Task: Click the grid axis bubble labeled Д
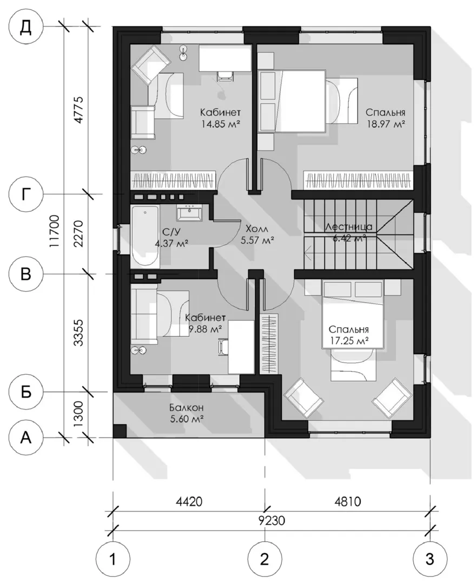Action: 26,27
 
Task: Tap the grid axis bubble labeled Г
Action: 26,193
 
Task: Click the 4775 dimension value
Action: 79,110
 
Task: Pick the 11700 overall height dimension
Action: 55,231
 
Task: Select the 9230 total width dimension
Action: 271,519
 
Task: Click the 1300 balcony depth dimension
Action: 79,414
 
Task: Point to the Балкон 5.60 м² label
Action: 187,413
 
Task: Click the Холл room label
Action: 257,229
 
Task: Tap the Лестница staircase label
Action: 348,226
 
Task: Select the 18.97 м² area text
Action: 386,123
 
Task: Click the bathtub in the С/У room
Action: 145,236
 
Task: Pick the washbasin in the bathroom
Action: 190,213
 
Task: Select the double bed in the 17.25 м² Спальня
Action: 352,315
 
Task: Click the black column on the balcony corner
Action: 119,431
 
